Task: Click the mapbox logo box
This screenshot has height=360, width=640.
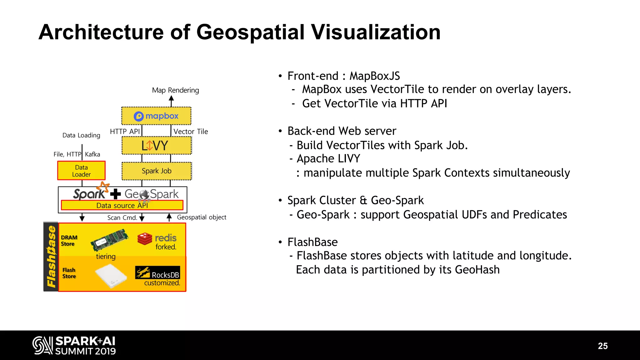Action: (x=156, y=116)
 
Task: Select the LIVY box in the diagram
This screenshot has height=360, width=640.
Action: (x=156, y=146)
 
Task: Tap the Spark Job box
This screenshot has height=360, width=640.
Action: (x=157, y=171)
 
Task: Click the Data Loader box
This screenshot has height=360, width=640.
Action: (x=81, y=171)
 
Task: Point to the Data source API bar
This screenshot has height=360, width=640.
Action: (x=122, y=205)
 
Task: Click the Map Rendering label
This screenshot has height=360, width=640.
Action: (x=175, y=90)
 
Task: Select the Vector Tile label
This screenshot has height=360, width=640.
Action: (x=191, y=132)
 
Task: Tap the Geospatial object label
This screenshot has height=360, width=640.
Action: (x=202, y=217)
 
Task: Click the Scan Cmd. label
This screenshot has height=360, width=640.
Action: (x=122, y=217)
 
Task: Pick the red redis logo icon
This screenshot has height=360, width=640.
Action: (x=145, y=239)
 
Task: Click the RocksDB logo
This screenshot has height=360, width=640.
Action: (x=157, y=272)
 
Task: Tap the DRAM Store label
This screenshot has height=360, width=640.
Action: (x=69, y=241)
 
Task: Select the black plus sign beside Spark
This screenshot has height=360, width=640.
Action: (x=115, y=194)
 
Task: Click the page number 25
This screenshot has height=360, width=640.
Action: (x=603, y=346)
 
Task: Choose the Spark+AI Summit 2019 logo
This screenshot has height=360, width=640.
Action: (x=74, y=345)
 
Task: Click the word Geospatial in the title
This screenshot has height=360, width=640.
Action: (x=250, y=32)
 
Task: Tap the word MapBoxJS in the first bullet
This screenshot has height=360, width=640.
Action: (x=374, y=76)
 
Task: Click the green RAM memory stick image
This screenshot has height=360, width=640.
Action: (x=109, y=240)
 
